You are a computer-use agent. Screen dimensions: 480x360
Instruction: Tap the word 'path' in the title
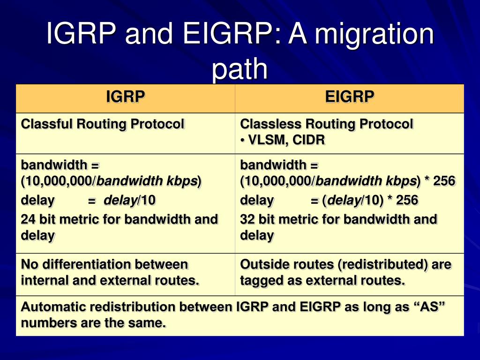click(240, 69)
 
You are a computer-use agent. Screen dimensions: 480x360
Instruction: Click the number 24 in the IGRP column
click(28, 219)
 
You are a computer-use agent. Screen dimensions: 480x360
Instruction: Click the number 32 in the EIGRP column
click(247, 219)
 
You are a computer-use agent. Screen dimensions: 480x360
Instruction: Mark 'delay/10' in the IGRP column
click(129, 201)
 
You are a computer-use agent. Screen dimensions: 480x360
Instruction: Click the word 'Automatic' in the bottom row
click(50, 307)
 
